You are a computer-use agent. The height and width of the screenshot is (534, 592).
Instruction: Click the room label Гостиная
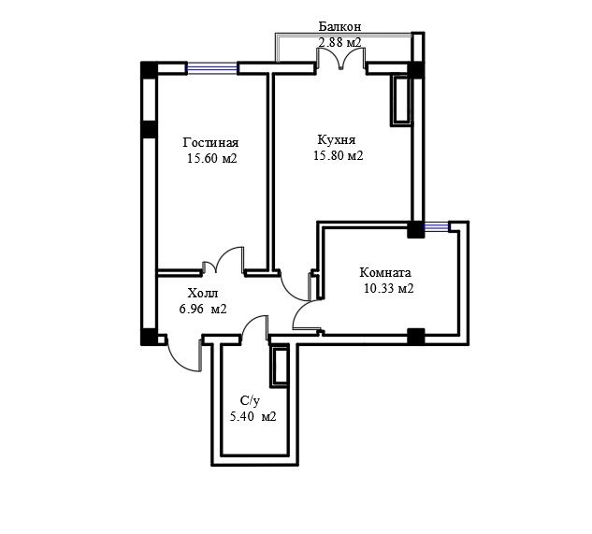210,143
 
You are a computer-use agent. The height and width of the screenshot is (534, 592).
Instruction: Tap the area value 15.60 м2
211,158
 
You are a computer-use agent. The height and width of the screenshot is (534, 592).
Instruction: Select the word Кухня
337,140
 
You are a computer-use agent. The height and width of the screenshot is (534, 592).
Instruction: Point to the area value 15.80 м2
339,155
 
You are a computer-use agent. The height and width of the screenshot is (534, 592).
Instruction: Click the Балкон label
339,26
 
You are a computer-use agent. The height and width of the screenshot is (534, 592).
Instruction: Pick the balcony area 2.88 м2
339,42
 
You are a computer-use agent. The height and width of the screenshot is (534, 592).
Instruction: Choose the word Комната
385,272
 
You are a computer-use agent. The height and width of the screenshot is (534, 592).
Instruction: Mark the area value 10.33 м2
388,288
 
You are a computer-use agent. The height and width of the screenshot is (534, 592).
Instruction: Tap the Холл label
203,293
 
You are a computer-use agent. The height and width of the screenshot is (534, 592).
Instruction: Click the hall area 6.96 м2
203,309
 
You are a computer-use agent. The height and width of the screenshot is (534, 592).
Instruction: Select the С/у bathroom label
250,401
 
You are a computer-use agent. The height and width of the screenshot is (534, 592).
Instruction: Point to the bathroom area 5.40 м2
253,416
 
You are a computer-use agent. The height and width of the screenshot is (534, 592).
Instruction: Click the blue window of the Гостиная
211,68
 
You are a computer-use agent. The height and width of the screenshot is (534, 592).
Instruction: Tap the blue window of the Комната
436,226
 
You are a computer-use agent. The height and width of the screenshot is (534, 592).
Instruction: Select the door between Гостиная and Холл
224,260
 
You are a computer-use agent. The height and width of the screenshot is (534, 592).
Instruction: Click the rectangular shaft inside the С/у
280,367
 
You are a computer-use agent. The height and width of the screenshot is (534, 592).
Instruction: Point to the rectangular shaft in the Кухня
400,100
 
